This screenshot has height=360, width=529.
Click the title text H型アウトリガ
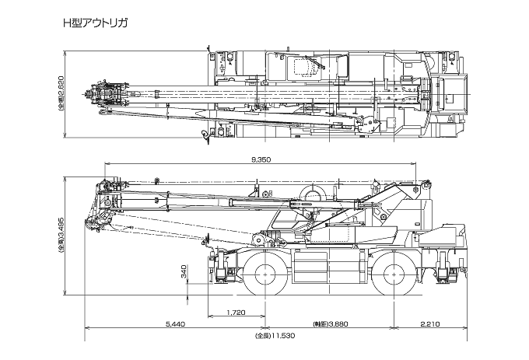tap(95, 23)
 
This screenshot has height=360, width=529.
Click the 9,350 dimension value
tap(261, 159)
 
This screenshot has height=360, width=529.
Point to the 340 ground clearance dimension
tap(184, 271)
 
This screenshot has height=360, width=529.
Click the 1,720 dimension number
tap(236, 313)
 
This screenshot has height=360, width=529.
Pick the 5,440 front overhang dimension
tap(175, 324)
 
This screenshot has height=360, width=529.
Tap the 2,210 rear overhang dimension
tap(430, 324)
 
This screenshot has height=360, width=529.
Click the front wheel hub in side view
tap(265, 273)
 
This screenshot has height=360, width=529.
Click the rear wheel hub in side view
tap(394, 273)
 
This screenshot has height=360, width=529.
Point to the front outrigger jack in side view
tap(220, 266)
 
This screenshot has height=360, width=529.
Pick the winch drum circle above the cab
tap(313, 195)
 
